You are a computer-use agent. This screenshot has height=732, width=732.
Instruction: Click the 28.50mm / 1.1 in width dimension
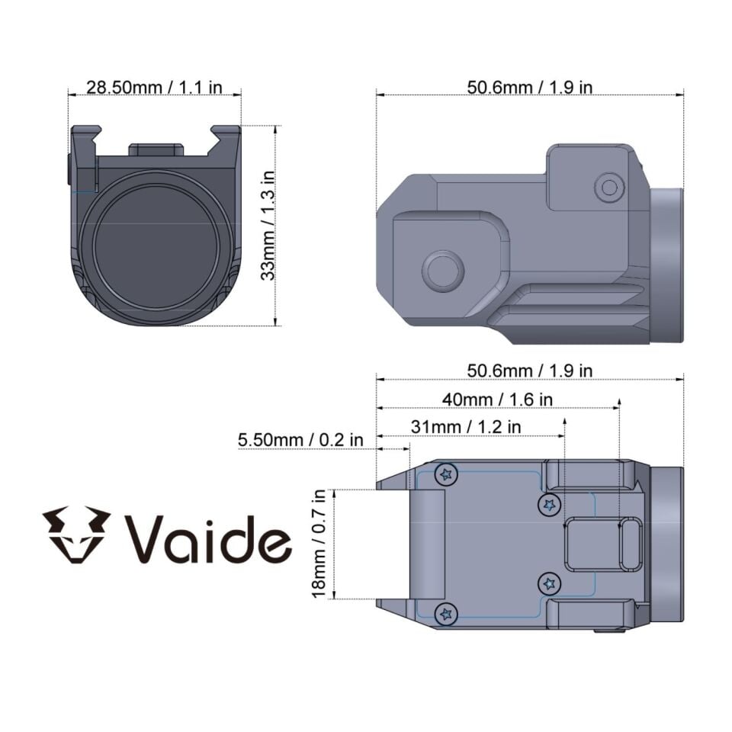coord(154,87)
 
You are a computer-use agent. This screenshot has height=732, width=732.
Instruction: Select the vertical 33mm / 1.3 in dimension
coord(268,225)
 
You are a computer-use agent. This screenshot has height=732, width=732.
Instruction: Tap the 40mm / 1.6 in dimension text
coord(497,400)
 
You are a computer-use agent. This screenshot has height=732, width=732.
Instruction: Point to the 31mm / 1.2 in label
coord(466,427)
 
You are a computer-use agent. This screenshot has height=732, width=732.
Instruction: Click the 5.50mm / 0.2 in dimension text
coord(300,440)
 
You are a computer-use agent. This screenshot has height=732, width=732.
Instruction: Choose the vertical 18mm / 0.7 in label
coord(319,543)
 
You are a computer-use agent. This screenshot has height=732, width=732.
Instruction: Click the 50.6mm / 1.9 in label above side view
coord(529,87)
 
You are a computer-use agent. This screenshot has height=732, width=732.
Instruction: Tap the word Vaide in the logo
coord(208,538)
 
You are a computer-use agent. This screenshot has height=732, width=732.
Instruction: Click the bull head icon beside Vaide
coord(76,535)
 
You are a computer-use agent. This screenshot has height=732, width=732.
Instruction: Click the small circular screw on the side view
coord(608,187)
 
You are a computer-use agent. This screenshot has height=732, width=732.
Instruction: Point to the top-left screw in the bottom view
coord(446,475)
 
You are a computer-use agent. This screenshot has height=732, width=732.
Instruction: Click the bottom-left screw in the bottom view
coord(446,612)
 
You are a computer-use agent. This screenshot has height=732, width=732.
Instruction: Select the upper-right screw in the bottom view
coord(549,504)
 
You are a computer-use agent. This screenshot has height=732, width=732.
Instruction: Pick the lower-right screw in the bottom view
coord(549,584)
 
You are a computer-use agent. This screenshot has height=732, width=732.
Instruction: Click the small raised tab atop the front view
coord(156,149)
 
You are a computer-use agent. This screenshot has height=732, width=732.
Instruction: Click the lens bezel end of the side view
coord(666,265)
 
